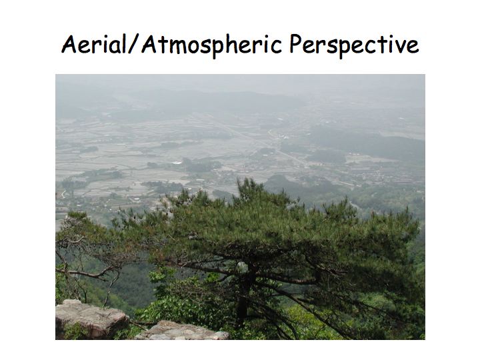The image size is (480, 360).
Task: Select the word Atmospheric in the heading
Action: click(x=211, y=45)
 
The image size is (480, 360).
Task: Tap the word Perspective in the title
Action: click(x=354, y=45)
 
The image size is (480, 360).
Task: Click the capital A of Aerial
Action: click(x=69, y=45)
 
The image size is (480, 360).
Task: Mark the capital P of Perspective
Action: click(x=296, y=44)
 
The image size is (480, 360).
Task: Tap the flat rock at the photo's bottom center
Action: click(x=181, y=331)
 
